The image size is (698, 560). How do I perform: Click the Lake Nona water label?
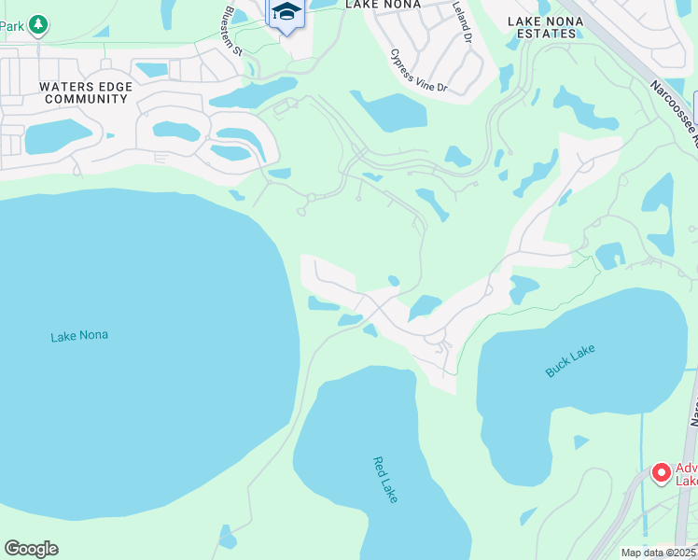coord(79,335)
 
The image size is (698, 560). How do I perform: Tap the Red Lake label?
coord(385,480)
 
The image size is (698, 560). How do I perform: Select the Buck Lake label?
coord(569,361)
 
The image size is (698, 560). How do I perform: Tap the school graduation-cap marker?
coord(286,14)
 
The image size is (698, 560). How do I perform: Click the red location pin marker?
coord(662,473)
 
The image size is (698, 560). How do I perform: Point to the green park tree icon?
coord(37,25)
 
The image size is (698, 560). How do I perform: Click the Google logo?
coord(31,549)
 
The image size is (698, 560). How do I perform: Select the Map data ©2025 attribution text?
coord(658,553)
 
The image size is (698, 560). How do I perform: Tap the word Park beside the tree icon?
coord(11,26)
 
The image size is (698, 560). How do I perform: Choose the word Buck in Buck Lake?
coord(557,368)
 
